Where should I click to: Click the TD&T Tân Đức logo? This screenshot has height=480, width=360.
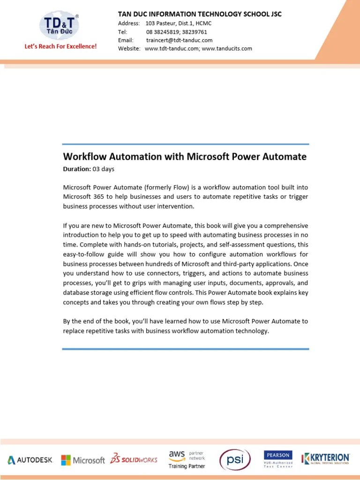tap(59, 25)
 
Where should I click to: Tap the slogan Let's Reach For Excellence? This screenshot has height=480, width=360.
tap(60, 47)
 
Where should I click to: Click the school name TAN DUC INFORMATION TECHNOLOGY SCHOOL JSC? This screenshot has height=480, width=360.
tap(200, 14)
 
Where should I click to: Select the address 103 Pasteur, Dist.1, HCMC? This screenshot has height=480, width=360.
tap(179, 23)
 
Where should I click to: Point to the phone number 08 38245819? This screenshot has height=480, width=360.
tap(162, 31)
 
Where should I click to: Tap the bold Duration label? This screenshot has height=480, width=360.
tap(77, 169)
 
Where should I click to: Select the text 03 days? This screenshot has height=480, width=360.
tap(103, 169)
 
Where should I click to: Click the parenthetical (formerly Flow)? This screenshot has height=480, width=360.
tap(169, 187)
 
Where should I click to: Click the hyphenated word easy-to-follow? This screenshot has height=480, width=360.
tap(84, 255)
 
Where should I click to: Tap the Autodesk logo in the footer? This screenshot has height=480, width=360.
tap(30, 460)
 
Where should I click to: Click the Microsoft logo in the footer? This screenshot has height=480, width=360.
tap(83, 460)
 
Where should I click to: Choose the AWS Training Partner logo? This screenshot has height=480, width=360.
tap(187, 459)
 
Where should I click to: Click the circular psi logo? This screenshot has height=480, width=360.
tap(235, 459)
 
